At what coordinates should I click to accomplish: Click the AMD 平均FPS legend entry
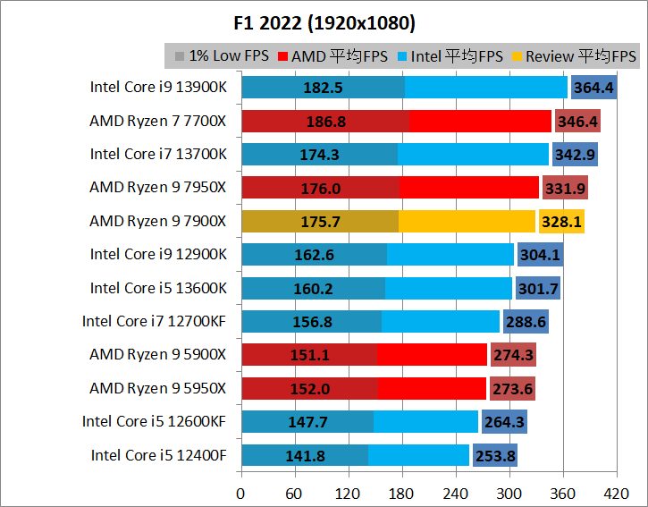tap(332, 56)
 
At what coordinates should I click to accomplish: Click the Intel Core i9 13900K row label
tap(158, 87)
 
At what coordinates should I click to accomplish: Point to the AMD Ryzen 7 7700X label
tap(158, 121)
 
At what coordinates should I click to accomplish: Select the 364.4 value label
tap(593, 88)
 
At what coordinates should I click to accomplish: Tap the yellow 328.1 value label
tap(561, 222)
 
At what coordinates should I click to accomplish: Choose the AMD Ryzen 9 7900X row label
tap(158, 221)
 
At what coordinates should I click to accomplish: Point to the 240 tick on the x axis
tap(456, 493)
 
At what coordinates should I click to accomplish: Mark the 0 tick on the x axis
tap(240, 493)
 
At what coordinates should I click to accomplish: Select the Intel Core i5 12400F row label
tap(158, 455)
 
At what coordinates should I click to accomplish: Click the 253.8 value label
tap(494, 456)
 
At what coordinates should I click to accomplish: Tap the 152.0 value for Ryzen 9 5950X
tap(309, 389)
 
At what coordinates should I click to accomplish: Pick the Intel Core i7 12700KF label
tap(155, 321)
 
